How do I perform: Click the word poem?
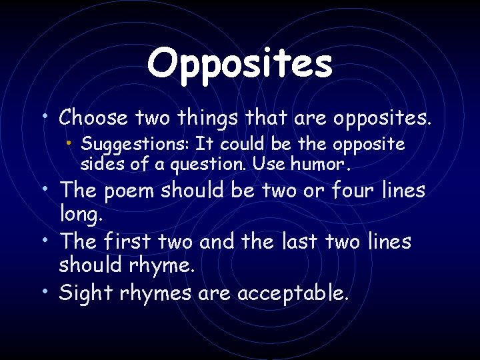point(134,190)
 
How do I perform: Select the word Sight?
point(86,293)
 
